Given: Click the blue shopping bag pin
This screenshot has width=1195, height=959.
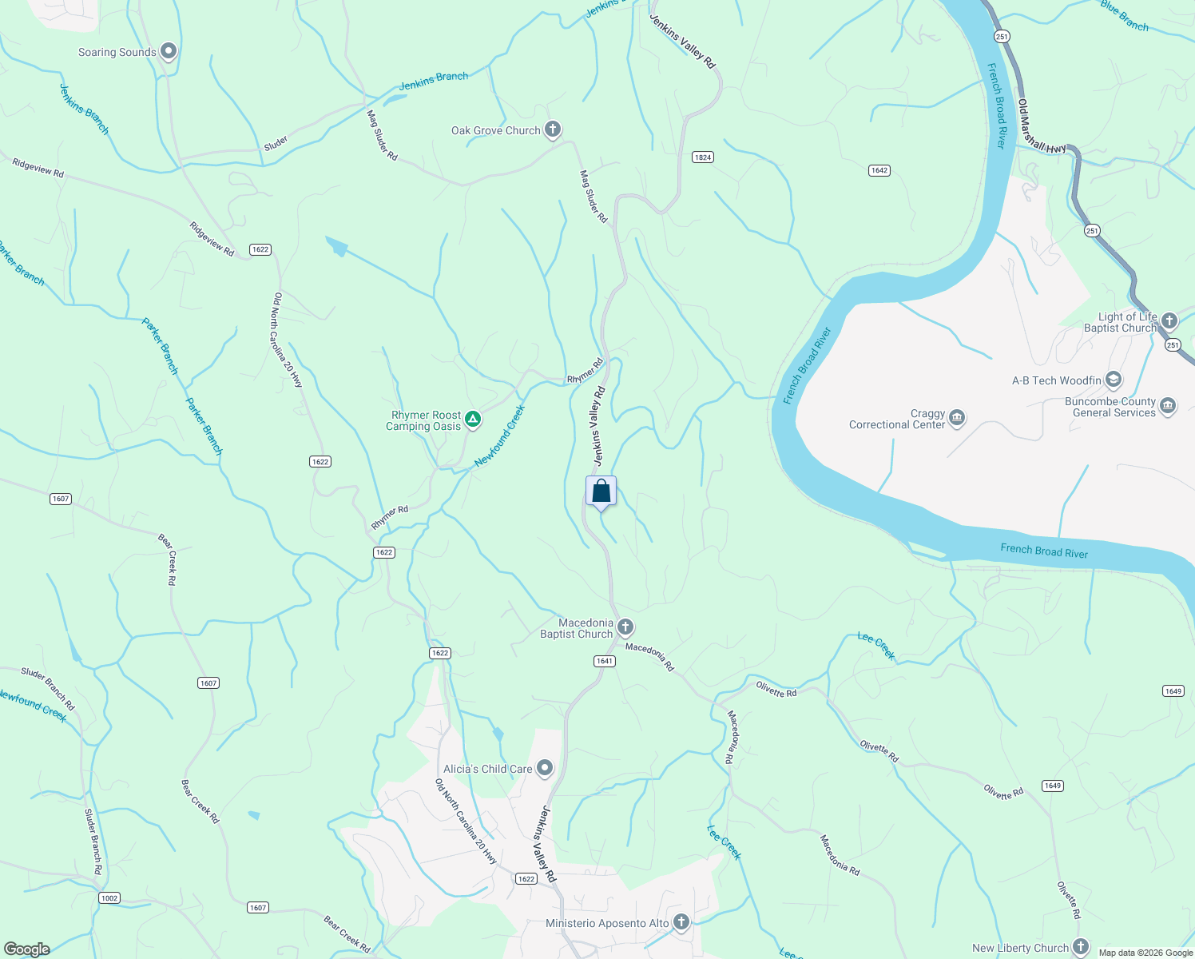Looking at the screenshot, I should [601, 491].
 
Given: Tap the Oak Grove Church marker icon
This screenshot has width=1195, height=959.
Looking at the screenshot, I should [552, 129].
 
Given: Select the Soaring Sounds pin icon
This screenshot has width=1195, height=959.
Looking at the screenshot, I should [168, 52].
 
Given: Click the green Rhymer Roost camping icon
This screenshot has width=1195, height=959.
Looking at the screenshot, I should [473, 419].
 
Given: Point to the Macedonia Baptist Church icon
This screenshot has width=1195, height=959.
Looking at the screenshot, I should [625, 627].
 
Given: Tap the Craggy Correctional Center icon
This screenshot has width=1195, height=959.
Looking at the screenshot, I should [957, 418].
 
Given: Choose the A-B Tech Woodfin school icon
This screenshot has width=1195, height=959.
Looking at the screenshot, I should [1114, 380].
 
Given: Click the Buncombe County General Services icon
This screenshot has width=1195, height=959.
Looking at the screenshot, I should [1167, 406].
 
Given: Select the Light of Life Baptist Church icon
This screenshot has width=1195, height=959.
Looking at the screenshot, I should [1169, 321].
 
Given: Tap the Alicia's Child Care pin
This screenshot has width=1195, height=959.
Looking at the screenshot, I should [545, 768].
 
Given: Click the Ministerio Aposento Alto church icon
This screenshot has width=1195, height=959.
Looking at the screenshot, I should [681, 922].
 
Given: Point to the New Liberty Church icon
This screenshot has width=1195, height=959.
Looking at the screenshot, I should [1080, 947].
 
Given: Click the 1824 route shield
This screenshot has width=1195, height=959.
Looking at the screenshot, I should [703, 157].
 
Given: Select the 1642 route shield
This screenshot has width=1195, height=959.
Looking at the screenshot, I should [879, 170].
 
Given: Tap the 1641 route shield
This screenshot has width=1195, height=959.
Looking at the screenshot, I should [604, 661].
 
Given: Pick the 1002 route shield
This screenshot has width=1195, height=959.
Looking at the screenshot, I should [109, 898].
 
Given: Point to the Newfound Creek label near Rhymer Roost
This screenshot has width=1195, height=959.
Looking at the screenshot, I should [499, 436].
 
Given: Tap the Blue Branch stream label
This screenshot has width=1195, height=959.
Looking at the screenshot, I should [1124, 15].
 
